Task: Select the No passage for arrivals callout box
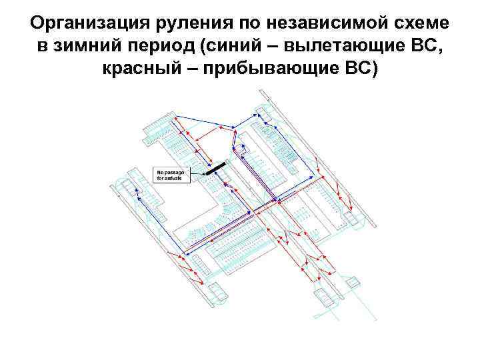coord(172,175)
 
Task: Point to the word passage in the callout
coord(175,172)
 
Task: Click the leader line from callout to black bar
coord(199,173)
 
